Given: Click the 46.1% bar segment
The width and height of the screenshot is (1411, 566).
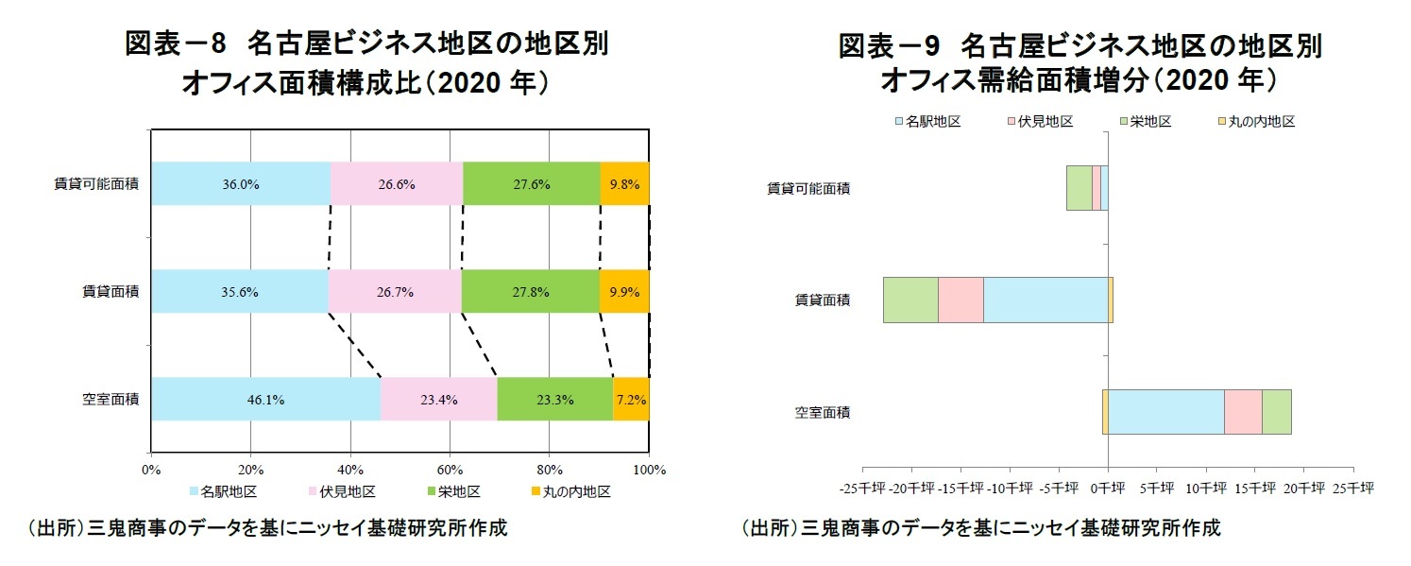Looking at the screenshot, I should (x=265, y=400).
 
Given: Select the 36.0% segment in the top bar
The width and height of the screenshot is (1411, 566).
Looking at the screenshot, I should (x=240, y=184).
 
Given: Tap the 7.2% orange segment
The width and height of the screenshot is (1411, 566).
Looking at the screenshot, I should (x=631, y=400).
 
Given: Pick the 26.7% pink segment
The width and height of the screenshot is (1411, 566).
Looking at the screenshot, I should (x=395, y=292).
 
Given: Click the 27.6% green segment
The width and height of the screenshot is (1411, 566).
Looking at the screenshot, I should (x=531, y=184).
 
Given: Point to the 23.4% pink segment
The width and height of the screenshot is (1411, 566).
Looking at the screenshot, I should (x=438, y=400).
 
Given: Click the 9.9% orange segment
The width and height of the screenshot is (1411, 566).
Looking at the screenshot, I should (x=625, y=292).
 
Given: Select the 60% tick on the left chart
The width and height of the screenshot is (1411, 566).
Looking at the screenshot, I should (x=450, y=470).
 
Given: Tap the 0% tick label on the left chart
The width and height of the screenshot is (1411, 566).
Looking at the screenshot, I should (x=151, y=470).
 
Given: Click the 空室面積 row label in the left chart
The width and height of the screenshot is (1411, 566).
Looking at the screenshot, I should (x=110, y=400).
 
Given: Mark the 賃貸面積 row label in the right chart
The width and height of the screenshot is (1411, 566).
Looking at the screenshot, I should (x=822, y=300).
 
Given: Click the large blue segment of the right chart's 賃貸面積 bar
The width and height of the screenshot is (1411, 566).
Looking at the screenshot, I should (x=1045, y=300).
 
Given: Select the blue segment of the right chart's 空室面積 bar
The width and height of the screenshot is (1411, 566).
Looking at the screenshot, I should (x=1165, y=412).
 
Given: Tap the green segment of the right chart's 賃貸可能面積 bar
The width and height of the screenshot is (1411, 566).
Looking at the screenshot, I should (x=1079, y=188).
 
